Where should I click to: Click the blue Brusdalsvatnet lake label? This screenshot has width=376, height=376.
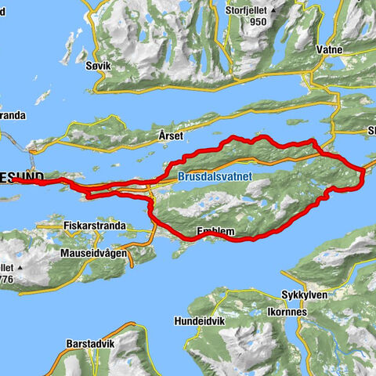point(214,178)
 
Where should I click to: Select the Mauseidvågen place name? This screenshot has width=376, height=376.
point(95,254)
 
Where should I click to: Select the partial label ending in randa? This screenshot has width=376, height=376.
point(13,115)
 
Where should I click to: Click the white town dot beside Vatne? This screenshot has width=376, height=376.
point(315,60)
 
